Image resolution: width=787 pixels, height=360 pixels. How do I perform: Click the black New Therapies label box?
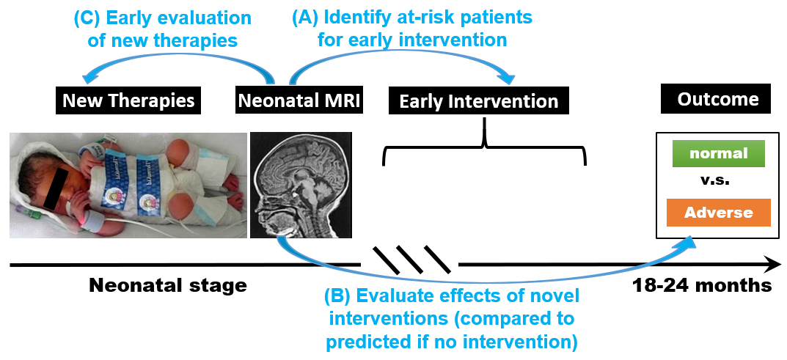(129, 100)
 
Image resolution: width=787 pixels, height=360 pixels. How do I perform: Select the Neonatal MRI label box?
(299, 100)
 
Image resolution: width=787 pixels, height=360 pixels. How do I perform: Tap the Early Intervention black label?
(479, 100)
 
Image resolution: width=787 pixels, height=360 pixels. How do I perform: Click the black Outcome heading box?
(718, 98)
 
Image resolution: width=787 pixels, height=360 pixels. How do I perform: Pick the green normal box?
(719, 153)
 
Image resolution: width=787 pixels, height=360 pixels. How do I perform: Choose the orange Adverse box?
(719, 213)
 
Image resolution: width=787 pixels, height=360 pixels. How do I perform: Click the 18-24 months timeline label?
(702, 284)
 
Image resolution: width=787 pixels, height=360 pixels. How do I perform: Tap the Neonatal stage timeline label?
(168, 285)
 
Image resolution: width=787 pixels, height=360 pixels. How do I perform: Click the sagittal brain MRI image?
(301, 185)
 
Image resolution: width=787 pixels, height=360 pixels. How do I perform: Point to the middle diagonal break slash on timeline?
(411, 260)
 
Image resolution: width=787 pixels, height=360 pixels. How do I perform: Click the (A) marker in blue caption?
(305, 18)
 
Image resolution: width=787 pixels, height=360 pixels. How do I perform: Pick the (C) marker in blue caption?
(87, 18)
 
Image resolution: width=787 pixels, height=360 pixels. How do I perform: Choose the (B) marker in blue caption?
(338, 296)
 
